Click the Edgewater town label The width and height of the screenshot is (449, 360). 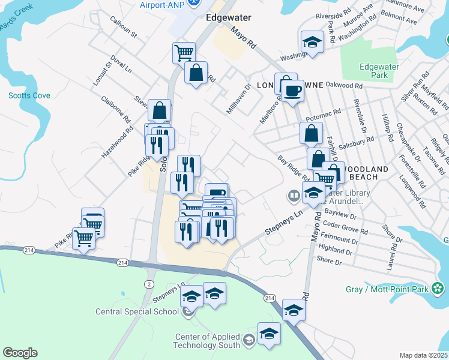228,17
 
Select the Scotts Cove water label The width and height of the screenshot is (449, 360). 29,95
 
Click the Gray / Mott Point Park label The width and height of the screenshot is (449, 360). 387,289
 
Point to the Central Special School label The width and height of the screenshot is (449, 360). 137,311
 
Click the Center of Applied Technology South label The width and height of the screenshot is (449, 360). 207,341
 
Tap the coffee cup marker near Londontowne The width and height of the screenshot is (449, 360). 292,91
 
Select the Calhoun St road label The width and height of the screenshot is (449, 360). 124,28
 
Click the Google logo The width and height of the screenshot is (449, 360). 20,353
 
